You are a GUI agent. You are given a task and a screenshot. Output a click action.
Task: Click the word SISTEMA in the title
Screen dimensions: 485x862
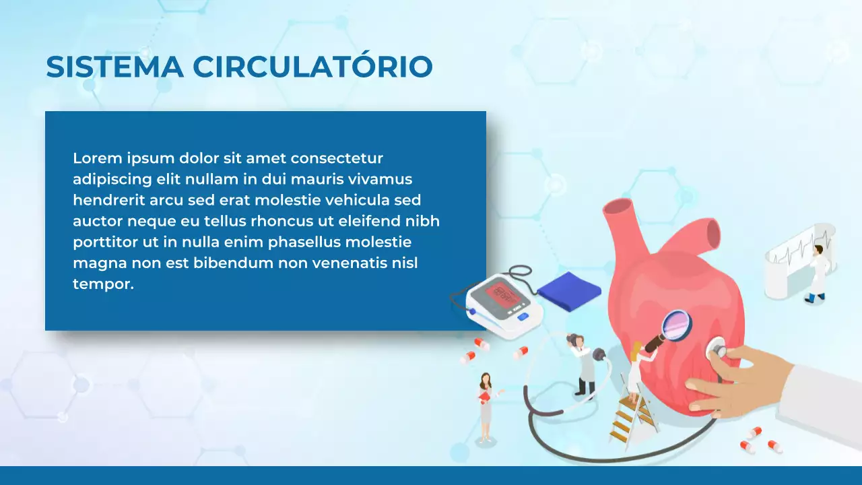[x=114, y=67]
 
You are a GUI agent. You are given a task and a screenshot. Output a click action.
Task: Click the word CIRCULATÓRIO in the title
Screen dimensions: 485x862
[x=312, y=67]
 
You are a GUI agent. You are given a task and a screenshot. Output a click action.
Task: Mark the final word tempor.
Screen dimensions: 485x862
[x=103, y=284]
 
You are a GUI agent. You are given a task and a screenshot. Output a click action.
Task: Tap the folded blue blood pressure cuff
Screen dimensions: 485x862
[x=569, y=291]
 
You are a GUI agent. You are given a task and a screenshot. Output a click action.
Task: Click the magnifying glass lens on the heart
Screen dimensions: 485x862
[x=676, y=325]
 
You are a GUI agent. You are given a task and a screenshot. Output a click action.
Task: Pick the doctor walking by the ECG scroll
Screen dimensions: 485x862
[x=817, y=273]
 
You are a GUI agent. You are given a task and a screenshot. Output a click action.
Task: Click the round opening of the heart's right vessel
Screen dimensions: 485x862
[x=712, y=234]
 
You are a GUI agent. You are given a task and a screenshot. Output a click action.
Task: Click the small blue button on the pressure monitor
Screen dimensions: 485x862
[x=523, y=316]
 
